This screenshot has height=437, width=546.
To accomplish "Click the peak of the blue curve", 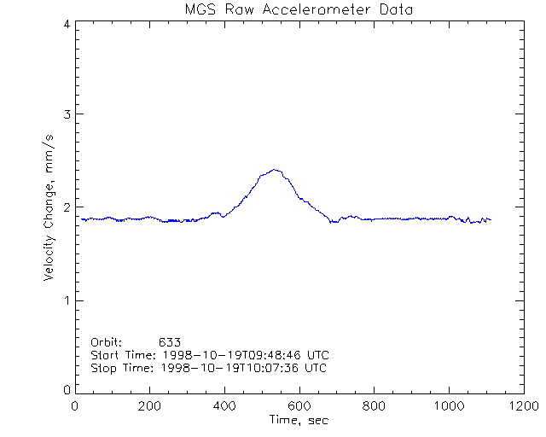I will pyautogui.click(x=275, y=170).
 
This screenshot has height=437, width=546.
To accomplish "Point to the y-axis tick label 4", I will pyautogui.click(x=66, y=24).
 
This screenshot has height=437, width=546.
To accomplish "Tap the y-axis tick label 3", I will pyautogui.click(x=66, y=114).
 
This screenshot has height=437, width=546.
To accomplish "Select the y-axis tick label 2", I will pyautogui.click(x=66, y=207).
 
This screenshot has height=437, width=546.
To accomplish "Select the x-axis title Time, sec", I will pyautogui.click(x=299, y=420).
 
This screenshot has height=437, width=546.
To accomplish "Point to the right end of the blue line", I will pyautogui.click(x=491, y=220).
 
